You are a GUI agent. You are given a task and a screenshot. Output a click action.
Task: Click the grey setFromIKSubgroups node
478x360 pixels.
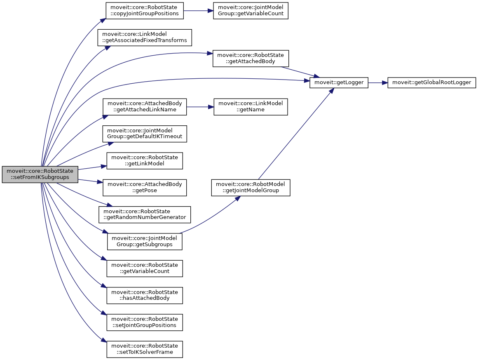coord(40,174)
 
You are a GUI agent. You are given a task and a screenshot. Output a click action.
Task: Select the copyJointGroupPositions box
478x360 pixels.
coord(145,11)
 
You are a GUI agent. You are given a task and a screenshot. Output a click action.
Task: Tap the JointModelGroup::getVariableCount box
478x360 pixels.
coord(251,11)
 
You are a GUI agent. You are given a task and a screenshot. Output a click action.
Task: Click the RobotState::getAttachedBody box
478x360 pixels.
coord(251,59)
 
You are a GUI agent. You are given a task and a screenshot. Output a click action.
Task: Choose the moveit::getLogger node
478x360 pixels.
coord(339,82)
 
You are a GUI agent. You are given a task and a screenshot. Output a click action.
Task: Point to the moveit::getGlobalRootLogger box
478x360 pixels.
coord(432,82)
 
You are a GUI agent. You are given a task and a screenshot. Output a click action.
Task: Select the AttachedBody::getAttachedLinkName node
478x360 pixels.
coord(145,107)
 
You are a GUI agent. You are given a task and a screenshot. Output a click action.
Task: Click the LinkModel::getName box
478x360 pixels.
coord(251,107)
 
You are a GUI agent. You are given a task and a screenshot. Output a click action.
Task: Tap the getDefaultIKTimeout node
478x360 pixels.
coord(145,134)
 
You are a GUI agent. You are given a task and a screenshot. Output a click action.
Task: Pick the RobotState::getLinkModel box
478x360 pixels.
coord(145,161)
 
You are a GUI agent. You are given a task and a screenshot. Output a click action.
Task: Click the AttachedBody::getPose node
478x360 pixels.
coord(145,188)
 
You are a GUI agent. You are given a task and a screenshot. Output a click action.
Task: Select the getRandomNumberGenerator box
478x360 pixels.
coord(145,214)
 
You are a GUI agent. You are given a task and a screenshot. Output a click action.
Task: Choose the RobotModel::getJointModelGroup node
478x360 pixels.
coord(251,188)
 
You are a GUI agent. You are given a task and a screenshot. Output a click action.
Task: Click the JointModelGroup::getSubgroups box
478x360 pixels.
coord(145,241)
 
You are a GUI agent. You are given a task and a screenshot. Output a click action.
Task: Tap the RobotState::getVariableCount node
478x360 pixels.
coord(145,268)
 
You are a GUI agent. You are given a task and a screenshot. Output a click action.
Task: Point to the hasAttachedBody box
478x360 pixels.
coord(145,295)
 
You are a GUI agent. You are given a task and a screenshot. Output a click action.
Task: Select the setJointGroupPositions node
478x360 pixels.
coord(145,322)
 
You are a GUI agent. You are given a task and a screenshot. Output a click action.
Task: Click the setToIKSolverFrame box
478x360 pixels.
coord(145,349)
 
